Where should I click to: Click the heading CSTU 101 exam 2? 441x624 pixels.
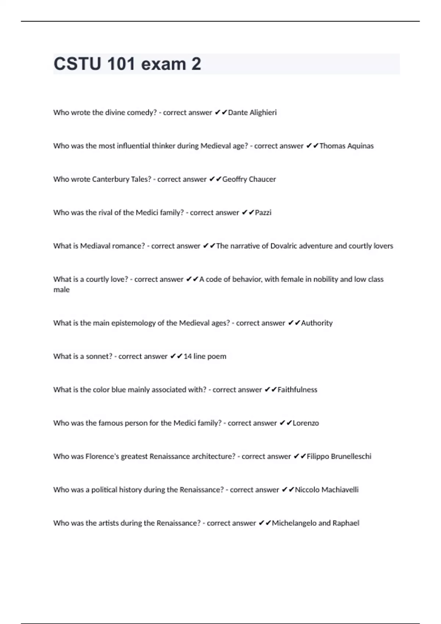click(x=127, y=64)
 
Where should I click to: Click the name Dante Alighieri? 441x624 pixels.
click(x=252, y=113)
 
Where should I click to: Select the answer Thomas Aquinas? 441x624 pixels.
click(x=346, y=146)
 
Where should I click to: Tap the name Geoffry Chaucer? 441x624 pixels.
click(x=249, y=179)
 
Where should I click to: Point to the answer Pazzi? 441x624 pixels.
click(x=263, y=213)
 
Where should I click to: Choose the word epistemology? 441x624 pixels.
click(x=133, y=323)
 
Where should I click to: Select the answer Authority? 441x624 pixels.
click(x=317, y=323)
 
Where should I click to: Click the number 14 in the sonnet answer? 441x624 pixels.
click(x=187, y=356)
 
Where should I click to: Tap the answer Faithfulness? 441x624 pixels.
click(x=297, y=390)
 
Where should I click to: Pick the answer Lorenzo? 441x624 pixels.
click(x=306, y=423)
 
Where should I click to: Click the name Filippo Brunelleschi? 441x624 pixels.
click(x=339, y=457)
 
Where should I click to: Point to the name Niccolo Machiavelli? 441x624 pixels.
click(x=327, y=490)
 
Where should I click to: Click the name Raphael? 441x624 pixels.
click(x=346, y=523)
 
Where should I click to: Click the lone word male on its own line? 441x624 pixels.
click(x=61, y=290)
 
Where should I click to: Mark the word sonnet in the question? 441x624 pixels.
click(x=99, y=356)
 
